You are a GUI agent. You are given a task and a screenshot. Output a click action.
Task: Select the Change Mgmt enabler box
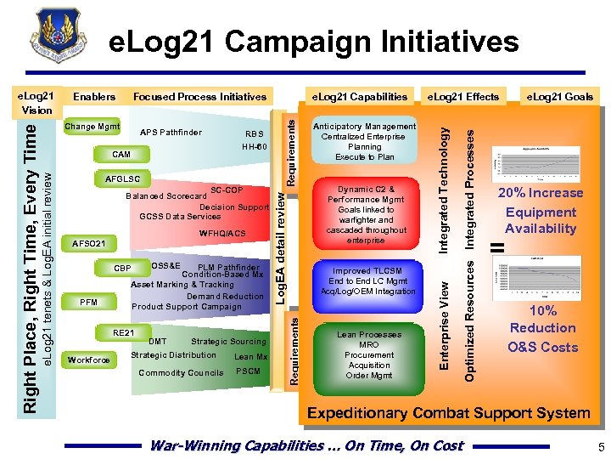click(92, 127)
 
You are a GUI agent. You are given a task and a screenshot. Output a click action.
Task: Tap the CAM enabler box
click(121, 155)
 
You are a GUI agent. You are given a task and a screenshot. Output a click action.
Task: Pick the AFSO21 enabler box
click(89, 243)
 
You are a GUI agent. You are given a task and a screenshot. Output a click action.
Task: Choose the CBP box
click(122, 269)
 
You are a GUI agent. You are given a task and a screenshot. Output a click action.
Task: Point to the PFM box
click(88, 302)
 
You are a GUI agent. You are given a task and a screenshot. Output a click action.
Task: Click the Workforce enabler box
click(88, 360)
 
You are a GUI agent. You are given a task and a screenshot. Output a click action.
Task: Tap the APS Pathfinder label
click(171, 133)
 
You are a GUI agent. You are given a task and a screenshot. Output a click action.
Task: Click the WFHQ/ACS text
click(221, 233)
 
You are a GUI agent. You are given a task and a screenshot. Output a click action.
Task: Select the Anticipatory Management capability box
click(364, 141)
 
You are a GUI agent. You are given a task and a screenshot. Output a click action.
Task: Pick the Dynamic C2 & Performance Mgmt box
click(366, 214)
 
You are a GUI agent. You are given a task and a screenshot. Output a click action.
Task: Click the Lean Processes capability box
click(368, 355)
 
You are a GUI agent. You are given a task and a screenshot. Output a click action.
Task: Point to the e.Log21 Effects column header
click(462, 97)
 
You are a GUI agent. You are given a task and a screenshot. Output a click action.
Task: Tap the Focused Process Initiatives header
click(199, 97)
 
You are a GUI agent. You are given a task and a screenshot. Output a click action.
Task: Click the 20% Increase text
click(540, 193)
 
